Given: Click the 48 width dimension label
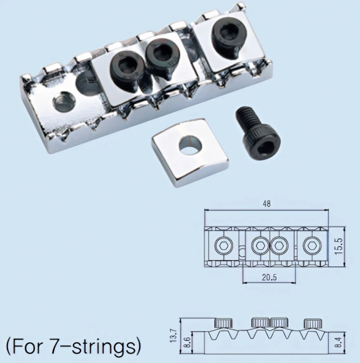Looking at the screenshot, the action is point(267,203).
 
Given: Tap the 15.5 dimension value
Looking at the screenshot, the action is point(339,246).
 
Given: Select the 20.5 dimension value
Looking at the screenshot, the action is point(269,277).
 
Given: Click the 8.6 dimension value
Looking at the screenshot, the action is point(188,342).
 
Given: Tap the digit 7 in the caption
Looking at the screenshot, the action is point(55,345).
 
